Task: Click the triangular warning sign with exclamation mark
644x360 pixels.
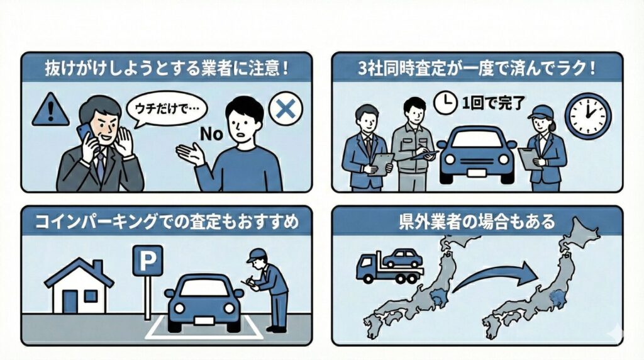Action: tap(50, 110)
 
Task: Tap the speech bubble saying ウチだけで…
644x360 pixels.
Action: tap(165, 109)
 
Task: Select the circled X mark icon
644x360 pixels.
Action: tap(286, 109)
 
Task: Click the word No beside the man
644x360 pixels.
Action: tap(211, 134)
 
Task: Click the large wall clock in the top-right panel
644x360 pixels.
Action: tap(588, 115)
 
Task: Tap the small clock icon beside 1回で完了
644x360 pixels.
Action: tap(445, 103)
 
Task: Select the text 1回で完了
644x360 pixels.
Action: tap(493, 103)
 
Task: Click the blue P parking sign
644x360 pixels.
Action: tap(147, 261)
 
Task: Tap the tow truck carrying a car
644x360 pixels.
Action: tap(389, 266)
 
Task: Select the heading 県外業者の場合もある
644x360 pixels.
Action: tap(477, 222)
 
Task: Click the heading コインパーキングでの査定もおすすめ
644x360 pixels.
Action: tap(167, 222)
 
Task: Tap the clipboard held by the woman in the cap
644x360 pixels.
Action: tap(528, 159)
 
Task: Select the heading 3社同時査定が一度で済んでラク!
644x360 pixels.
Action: tap(477, 69)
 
